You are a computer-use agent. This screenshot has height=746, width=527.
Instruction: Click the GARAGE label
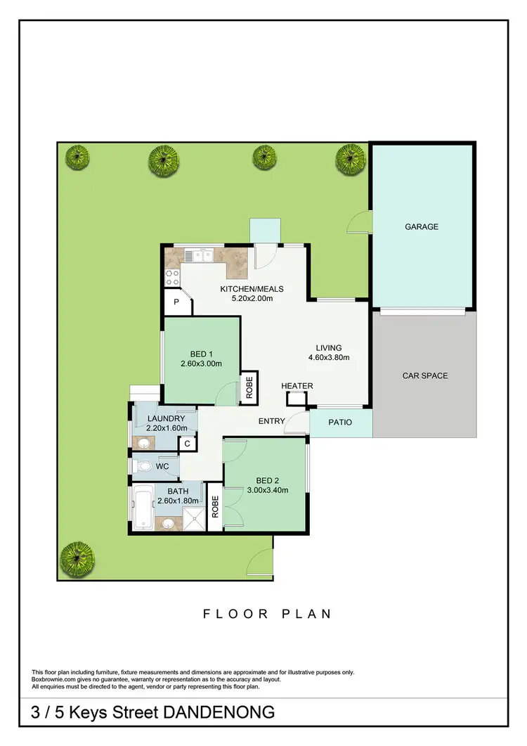421,226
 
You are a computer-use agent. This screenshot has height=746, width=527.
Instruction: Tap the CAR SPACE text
424,375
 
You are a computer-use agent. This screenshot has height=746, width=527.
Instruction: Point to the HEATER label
297,386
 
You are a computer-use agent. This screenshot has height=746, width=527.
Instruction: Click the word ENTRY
272,421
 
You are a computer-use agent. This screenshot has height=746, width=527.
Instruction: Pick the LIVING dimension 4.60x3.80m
329,357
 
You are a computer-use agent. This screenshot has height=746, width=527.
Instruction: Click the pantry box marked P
177,302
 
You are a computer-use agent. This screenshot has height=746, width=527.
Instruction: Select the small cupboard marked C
187,444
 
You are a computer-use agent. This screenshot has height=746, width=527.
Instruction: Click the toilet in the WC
144,465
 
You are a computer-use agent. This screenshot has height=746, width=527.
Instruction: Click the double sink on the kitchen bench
199,255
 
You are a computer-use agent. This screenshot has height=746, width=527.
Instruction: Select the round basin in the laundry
144,442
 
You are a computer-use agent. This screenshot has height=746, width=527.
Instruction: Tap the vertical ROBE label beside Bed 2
215,508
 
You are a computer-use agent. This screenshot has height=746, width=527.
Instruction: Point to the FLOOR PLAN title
267,614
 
